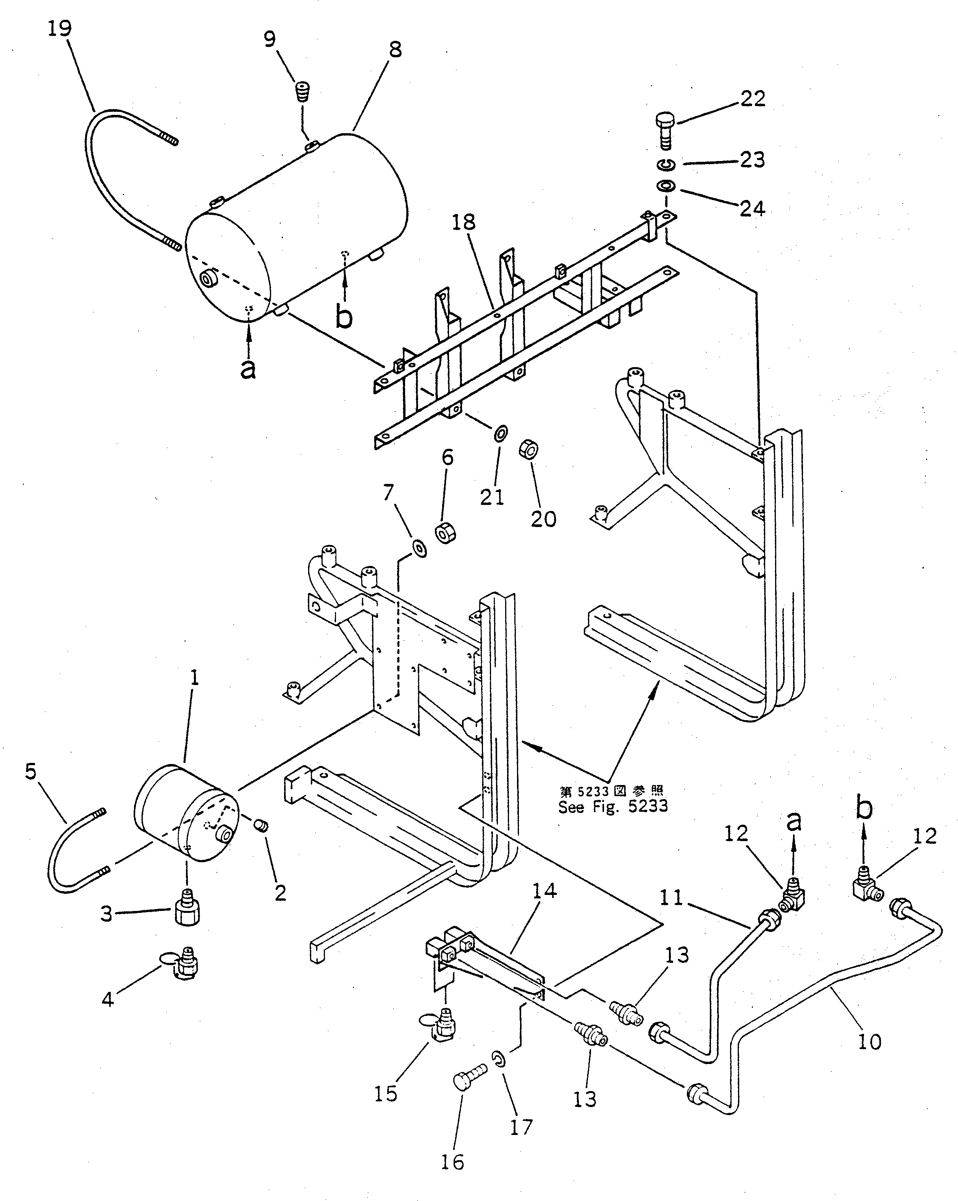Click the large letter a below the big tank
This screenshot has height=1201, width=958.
249,368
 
